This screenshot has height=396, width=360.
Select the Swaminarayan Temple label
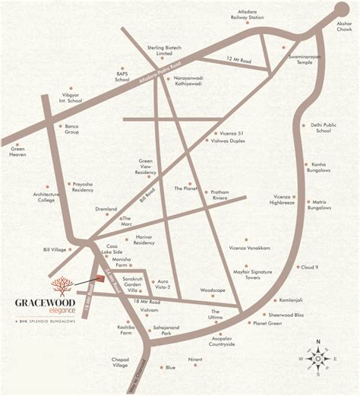303,59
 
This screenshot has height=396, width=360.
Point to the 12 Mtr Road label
237,59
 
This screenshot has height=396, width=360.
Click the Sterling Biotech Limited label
160,49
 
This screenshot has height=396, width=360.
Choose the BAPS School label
122,76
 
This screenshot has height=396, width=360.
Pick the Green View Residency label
147,166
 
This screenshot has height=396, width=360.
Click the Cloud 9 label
309,268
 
